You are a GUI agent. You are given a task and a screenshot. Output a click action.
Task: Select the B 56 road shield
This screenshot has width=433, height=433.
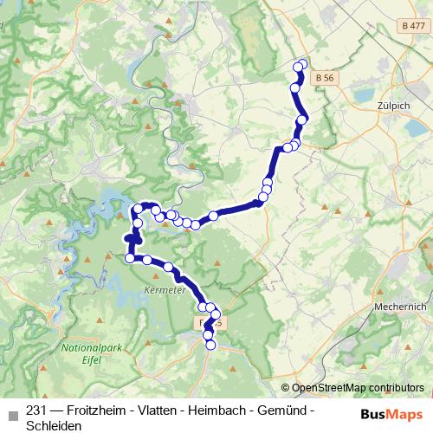pyautogui.click(x=326, y=78)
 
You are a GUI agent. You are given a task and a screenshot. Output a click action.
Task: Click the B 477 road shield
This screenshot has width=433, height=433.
pyautogui.click(x=414, y=29)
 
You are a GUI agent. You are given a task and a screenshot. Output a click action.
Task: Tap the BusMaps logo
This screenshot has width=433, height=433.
pyautogui.click(x=387, y=413)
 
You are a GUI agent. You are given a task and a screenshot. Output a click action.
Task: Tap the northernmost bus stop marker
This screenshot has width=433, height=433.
pyautogui.click(x=302, y=62)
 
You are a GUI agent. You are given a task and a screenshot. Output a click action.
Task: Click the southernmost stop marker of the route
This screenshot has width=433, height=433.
pyautogui.click(x=210, y=346)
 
